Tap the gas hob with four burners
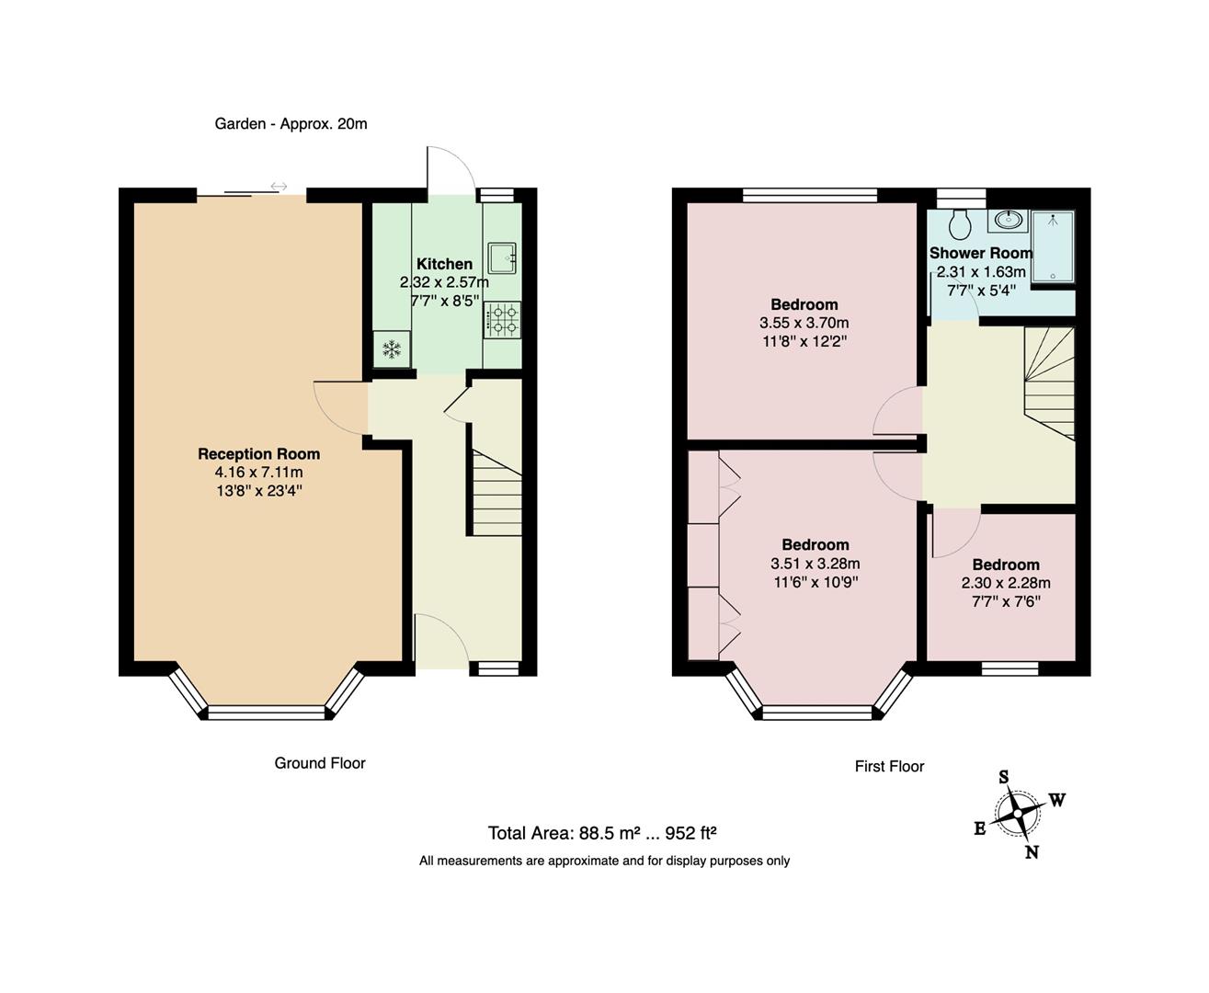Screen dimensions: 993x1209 502,320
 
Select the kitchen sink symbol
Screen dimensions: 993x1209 502,257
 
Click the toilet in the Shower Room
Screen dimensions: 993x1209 960,222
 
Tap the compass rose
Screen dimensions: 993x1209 1019,815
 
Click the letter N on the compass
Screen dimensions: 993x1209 1032,852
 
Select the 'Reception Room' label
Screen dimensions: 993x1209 258,453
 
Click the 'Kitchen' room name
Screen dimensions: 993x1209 444,264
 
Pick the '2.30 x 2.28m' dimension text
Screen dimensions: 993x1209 1006,583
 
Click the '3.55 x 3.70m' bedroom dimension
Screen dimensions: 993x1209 804,323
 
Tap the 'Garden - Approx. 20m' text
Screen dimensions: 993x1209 291,123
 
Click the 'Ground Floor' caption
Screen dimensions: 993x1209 320,763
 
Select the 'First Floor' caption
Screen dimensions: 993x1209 889,766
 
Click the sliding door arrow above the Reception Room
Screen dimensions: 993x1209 279,187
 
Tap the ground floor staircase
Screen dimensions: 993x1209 496,492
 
